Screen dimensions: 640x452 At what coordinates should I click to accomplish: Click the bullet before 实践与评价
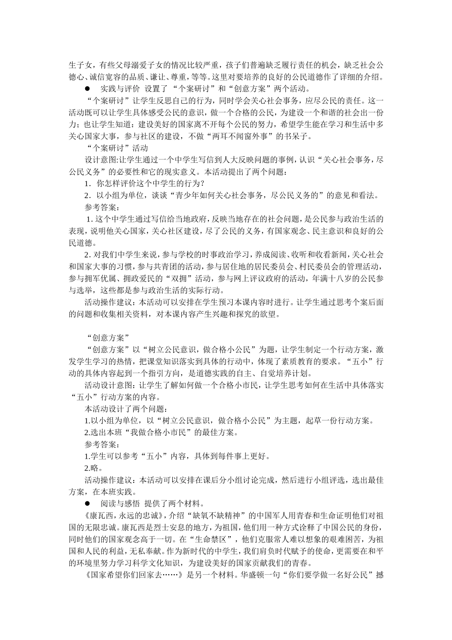pyautogui.click(x=87, y=89)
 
